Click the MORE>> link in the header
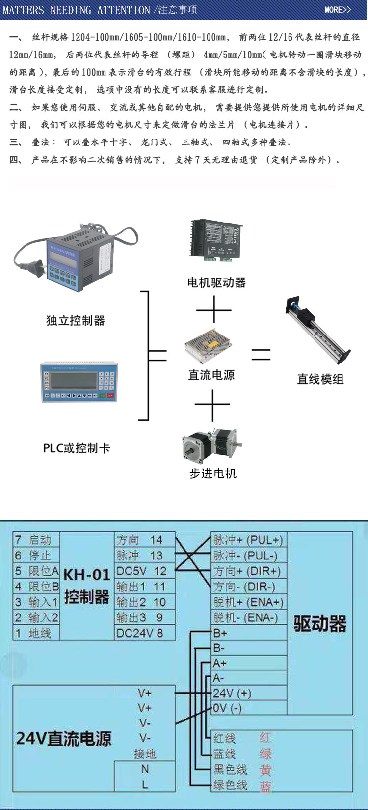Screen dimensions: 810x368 338,10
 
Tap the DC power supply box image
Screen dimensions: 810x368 209,346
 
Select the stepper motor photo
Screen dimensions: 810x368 212,445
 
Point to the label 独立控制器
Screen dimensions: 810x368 76,321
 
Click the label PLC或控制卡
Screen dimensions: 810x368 77,448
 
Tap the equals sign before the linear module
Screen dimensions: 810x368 261,354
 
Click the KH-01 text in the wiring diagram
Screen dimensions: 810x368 86,574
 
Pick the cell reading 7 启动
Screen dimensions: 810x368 36,540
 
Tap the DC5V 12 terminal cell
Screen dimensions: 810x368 144,571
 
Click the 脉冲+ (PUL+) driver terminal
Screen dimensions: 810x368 248,540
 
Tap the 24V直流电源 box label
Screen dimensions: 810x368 64,738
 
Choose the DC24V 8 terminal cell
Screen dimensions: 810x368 144,633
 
